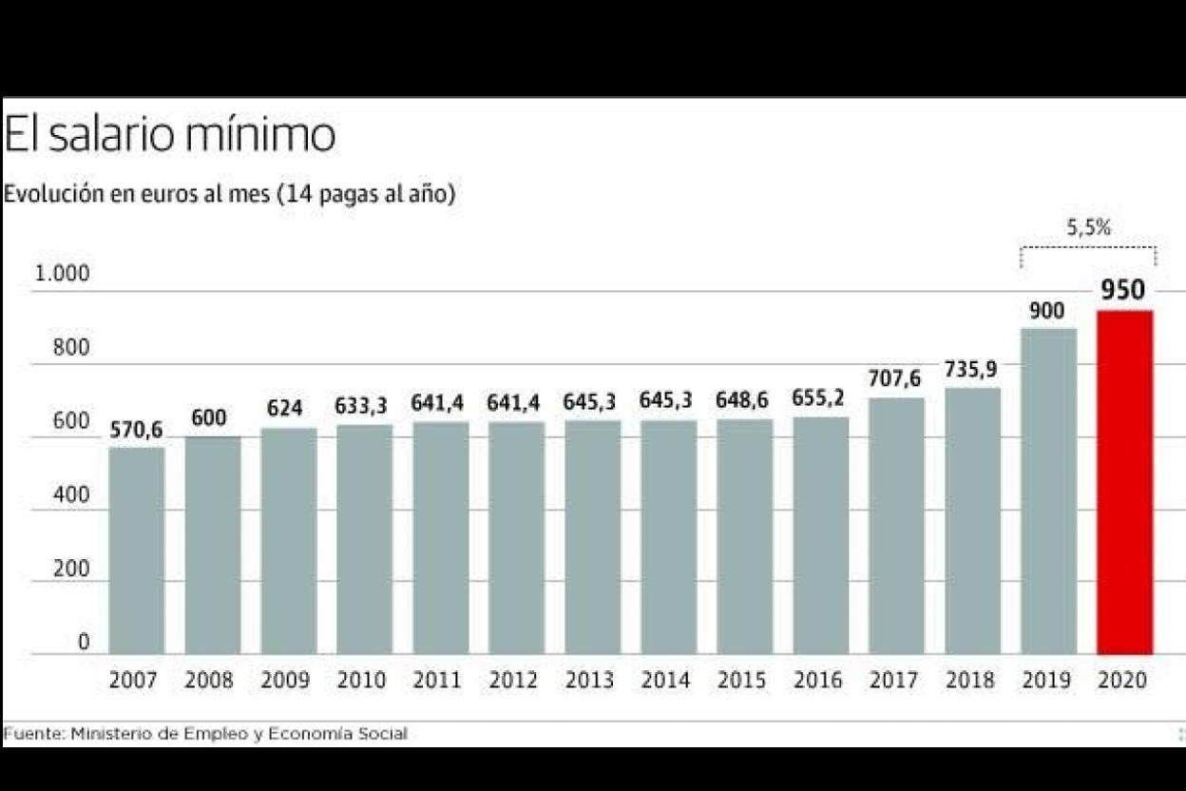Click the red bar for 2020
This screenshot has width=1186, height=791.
pos(1124,482)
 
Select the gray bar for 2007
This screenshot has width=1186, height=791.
pos(136,550)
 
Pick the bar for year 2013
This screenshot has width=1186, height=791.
pos(592,537)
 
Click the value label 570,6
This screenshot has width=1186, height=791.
pos(136,431)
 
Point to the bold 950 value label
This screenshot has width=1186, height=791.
pos(1123,290)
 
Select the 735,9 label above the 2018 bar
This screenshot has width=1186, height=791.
pos(971,370)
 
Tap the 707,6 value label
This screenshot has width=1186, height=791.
pos(894,379)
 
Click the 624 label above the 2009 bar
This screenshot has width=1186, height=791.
pos(285,409)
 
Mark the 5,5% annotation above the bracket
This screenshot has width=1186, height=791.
pos(1088,227)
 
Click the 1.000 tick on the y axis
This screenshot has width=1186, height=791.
pos(62,275)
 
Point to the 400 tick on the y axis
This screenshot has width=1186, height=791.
pos(70,495)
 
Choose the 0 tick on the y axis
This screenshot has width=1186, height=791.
pos(84,643)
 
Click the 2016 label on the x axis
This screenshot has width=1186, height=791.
pos(818,681)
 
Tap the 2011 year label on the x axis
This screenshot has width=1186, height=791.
pos(438,681)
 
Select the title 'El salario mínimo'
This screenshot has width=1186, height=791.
pos(169,135)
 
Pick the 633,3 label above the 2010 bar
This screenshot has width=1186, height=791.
pos(361,407)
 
